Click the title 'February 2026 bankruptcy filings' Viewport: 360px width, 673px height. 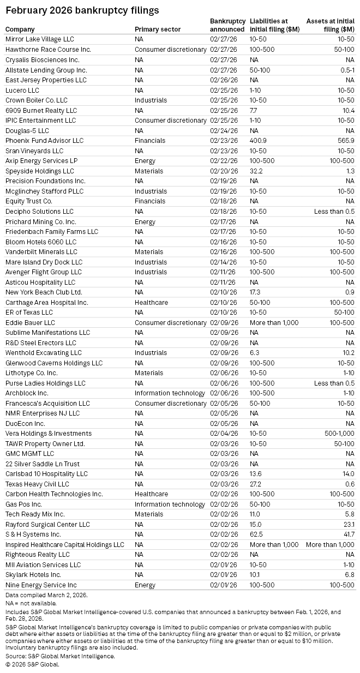coord(82,10)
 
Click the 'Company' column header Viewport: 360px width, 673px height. coord(20,29)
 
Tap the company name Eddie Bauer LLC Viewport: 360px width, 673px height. coord(30,322)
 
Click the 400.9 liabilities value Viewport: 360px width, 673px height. coord(259,140)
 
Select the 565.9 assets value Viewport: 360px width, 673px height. coord(346,140)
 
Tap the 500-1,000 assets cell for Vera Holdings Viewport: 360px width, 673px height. coord(338,434)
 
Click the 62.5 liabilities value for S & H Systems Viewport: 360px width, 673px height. coord(257,534)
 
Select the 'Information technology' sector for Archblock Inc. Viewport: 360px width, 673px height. coord(170,393)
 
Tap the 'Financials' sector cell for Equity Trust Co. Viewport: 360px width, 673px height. coord(150,201)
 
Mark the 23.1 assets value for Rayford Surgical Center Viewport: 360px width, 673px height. coord(347,524)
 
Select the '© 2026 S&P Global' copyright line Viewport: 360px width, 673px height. coord(32,664)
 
